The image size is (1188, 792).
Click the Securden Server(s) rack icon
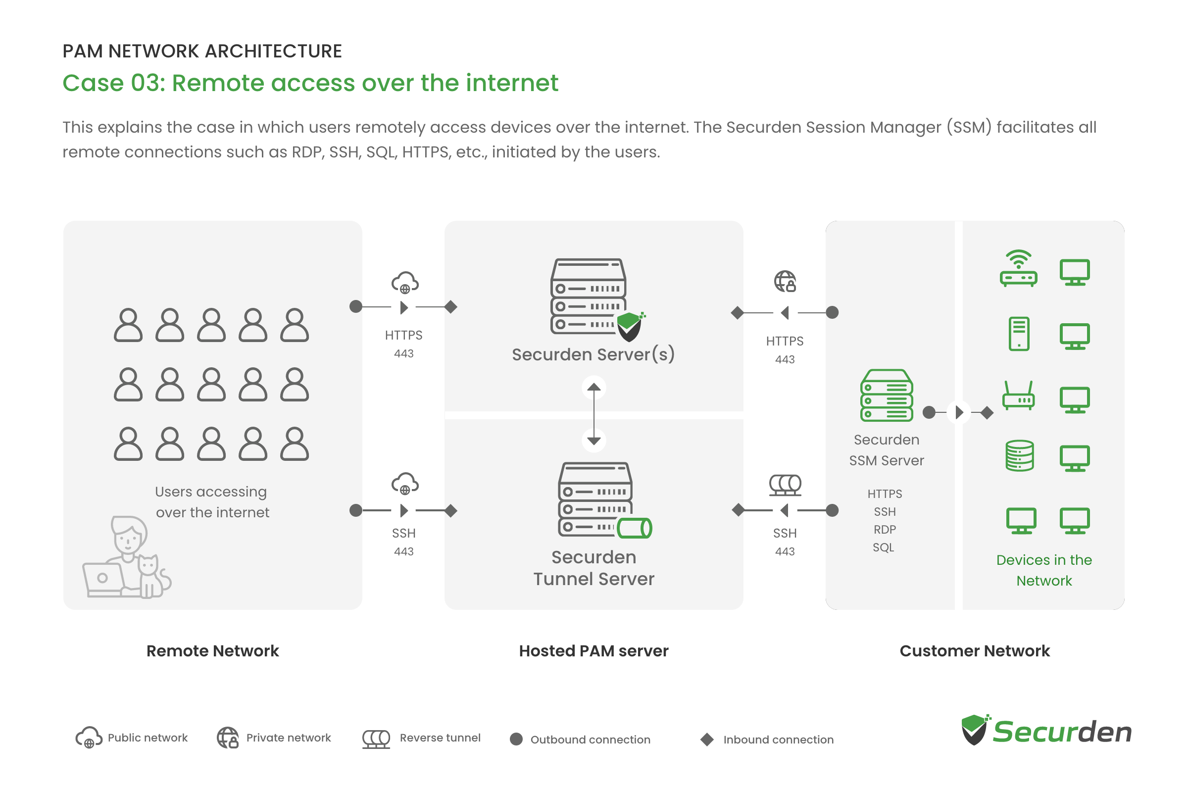point(595,299)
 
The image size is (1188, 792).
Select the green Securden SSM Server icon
point(887,395)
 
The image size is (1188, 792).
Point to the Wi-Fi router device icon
point(1018,268)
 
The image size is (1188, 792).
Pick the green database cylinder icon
point(1019,455)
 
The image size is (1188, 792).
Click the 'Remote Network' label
point(213,651)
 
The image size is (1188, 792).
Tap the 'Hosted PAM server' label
point(594,651)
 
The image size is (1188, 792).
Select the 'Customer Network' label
point(974,651)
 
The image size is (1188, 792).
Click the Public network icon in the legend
point(89,738)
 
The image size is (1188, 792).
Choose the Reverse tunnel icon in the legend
point(376,739)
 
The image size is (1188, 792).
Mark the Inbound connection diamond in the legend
point(707,740)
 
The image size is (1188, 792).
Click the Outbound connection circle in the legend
point(516,740)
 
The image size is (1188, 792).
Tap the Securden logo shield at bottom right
point(975,729)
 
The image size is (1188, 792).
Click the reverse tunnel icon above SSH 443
point(785,485)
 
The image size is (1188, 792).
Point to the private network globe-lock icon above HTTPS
point(786,281)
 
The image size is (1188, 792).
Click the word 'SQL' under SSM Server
point(884,547)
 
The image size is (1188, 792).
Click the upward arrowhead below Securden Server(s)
point(594,388)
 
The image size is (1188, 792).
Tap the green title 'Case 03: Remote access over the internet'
point(310,83)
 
